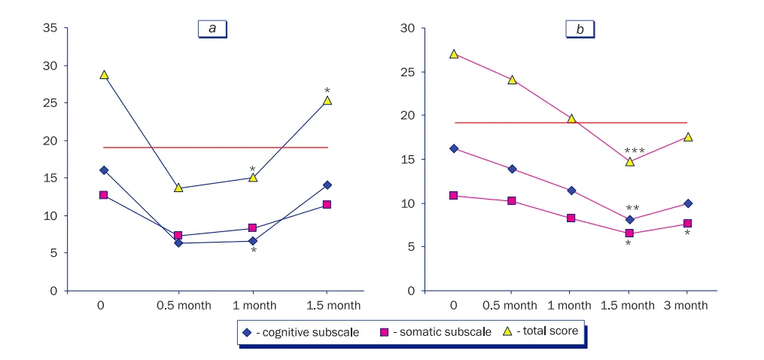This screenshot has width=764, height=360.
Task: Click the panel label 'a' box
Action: coord(212,29)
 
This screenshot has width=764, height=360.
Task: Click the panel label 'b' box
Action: coord(580,29)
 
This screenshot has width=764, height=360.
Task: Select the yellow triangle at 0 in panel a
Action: coord(104,75)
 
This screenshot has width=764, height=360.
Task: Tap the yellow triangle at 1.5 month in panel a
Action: coord(327,99)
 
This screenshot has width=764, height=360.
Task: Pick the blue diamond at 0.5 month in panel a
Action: coord(178,243)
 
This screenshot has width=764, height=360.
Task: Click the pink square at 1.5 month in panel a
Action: coord(327,204)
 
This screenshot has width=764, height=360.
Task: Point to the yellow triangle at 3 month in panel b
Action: coord(687,136)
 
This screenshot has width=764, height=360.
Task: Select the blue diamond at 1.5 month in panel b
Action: coord(629,220)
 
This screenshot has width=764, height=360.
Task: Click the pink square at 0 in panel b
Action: coord(453,195)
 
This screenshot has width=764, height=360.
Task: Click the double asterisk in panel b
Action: coord(632,209)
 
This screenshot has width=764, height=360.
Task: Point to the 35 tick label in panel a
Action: coord(50,29)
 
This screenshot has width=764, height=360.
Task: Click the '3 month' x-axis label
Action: coord(686,305)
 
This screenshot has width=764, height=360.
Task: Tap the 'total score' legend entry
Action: coord(546,331)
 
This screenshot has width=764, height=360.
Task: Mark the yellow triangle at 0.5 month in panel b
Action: coord(512,79)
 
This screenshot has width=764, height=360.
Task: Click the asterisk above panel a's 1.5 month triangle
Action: coord(327,91)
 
